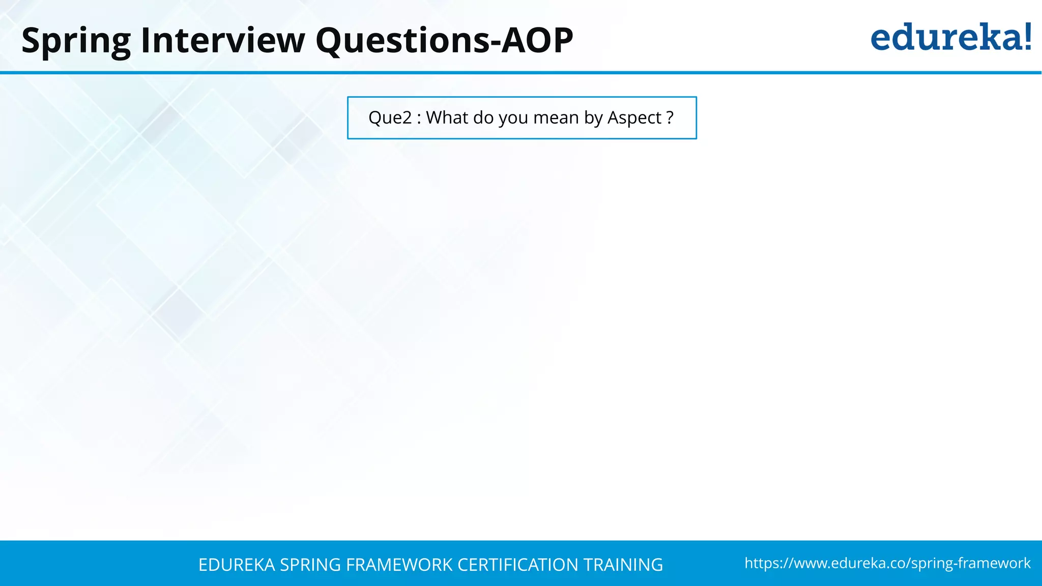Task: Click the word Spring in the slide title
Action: point(76,41)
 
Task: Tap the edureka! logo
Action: point(950,38)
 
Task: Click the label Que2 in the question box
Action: point(390,118)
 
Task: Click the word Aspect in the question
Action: point(634,118)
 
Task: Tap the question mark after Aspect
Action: point(670,118)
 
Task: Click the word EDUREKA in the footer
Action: point(237,565)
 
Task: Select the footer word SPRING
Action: point(310,565)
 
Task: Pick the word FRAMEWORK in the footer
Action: point(399,565)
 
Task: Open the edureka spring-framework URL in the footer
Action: point(887,563)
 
